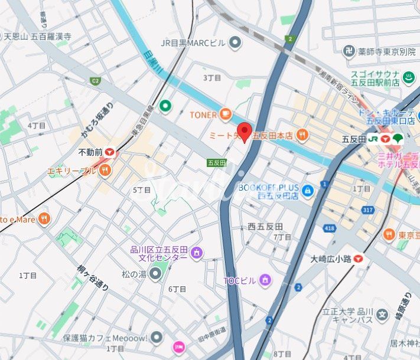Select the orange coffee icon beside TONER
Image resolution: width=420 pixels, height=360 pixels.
tap(224, 114)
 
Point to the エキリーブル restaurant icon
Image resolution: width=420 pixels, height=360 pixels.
tap(105, 171)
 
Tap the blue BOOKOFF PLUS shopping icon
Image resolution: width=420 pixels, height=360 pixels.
tap(307, 191)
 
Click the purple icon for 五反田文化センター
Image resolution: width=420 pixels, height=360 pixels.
tap(196, 253)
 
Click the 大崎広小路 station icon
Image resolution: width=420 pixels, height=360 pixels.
tap(359, 258)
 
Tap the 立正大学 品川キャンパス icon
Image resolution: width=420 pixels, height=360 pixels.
tap(382, 315)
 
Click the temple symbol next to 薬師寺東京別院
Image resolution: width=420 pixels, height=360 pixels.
tap(349, 51)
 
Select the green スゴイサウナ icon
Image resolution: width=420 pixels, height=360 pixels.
tap(408, 77)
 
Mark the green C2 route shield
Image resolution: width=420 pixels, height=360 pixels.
tap(95, 80)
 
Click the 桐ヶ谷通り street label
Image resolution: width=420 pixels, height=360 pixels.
tap(93, 277)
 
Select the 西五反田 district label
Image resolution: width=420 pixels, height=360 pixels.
tap(265, 227)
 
